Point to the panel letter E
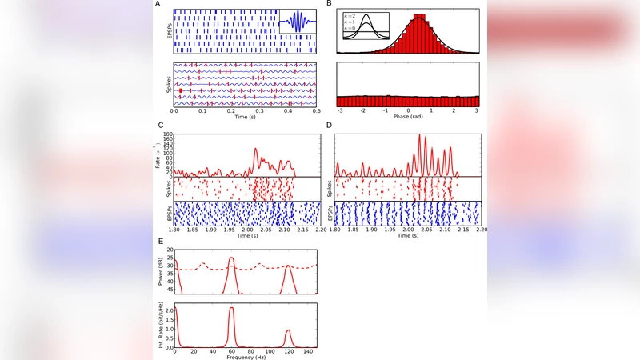[162, 240]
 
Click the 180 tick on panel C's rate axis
[168, 133]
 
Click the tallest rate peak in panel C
[256, 149]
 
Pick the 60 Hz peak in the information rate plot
[231, 308]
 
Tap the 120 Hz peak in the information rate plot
[289, 330]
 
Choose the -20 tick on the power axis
[167, 249]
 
